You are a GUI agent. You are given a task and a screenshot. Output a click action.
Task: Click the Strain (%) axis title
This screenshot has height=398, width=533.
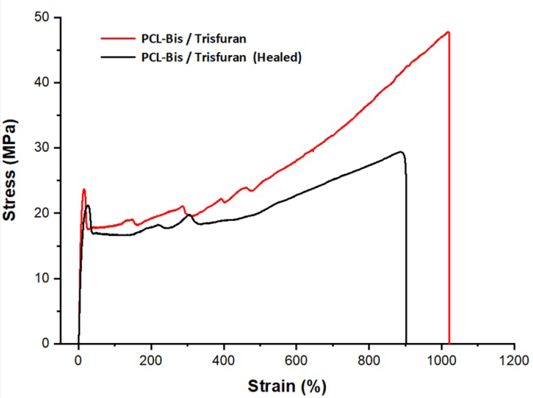(283, 385)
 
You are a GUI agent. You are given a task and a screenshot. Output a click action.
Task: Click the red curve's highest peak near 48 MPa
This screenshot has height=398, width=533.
(449, 32)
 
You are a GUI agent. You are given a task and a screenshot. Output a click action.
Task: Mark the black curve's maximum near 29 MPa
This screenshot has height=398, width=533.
(401, 152)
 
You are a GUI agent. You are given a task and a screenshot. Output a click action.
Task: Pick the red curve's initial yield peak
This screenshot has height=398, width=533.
(84, 189)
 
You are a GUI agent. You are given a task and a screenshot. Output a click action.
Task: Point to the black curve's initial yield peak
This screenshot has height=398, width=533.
(87, 206)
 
